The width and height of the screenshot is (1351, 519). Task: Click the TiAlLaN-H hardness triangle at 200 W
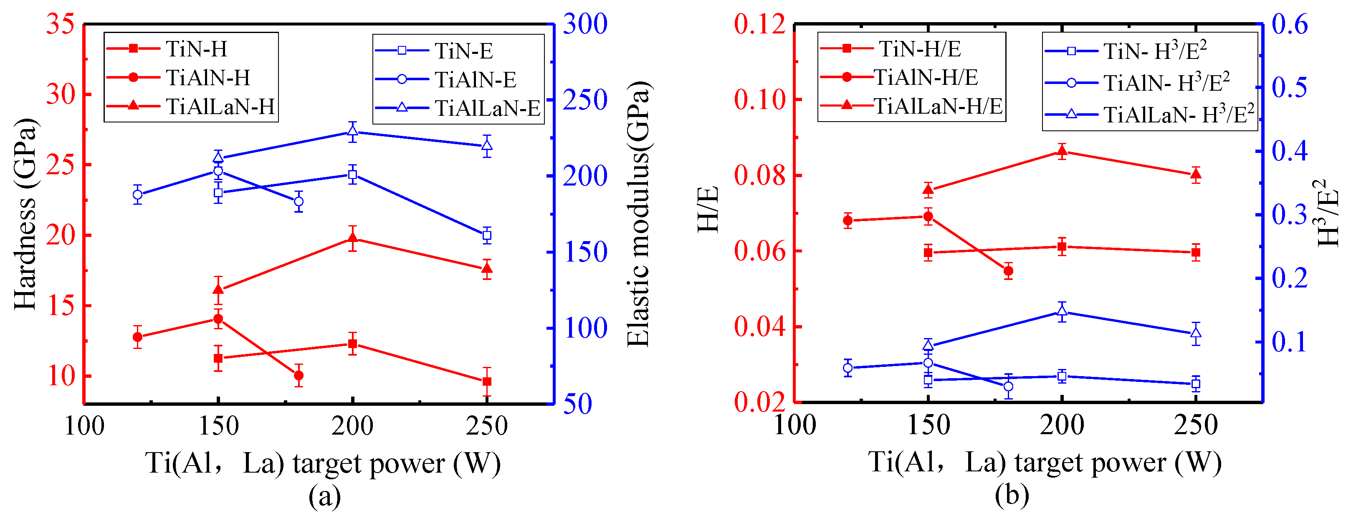pyautogui.click(x=352, y=239)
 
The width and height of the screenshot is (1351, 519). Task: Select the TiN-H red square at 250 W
pyautogui.click(x=487, y=382)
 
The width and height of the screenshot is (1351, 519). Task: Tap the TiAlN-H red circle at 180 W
pyautogui.click(x=299, y=376)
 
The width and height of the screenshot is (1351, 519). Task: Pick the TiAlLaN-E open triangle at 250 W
pyautogui.click(x=487, y=145)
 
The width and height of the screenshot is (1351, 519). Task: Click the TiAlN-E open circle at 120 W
pyautogui.click(x=137, y=195)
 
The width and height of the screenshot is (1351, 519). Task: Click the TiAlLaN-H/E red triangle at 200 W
pyautogui.click(x=1062, y=152)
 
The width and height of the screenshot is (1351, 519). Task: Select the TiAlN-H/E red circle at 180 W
pyautogui.click(x=1008, y=271)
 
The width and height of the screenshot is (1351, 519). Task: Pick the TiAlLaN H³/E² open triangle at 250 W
pyautogui.click(x=1196, y=333)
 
